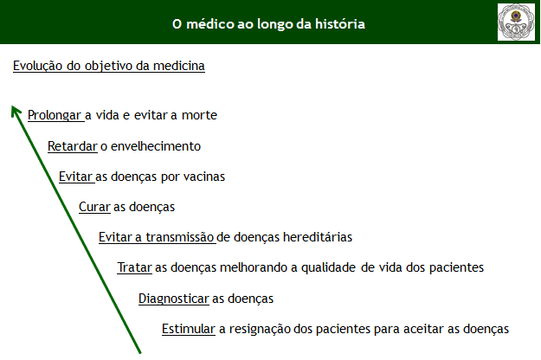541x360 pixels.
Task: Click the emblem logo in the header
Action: (x=516, y=22)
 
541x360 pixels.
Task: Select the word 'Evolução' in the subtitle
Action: (x=37, y=66)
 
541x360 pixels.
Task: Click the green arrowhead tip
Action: (x=12, y=106)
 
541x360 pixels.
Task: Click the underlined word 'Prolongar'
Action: (x=55, y=115)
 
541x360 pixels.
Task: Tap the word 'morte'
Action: (x=199, y=115)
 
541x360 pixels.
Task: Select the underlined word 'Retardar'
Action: (x=73, y=146)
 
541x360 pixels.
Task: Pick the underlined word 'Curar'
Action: (x=94, y=207)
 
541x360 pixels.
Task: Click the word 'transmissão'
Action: (x=180, y=237)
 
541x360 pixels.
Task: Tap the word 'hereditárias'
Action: (x=318, y=237)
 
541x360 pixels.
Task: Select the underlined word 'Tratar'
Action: (x=134, y=267)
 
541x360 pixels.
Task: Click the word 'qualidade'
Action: (x=328, y=267)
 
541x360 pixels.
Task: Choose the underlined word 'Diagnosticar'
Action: (x=174, y=299)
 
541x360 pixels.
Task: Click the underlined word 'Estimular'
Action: (x=189, y=329)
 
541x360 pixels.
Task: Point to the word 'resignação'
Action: (x=260, y=330)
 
